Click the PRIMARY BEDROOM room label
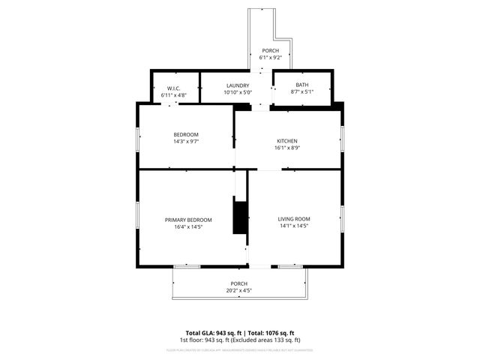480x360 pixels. point(188,220)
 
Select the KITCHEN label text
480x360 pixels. point(287,141)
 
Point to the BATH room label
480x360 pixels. point(302,85)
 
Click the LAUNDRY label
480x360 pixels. point(238,85)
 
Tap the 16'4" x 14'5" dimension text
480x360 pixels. point(188,226)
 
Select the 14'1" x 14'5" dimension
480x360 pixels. point(294,226)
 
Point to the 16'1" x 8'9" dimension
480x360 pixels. point(287,148)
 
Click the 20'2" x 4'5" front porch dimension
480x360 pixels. point(239,290)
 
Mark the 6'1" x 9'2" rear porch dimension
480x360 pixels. point(270,58)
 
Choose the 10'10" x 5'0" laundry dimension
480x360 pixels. point(238,93)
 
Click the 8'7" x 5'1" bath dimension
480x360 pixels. point(302,92)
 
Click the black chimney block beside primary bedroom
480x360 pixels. point(241,217)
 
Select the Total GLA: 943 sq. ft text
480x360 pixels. point(211,332)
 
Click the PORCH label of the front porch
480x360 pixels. point(239,283)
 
